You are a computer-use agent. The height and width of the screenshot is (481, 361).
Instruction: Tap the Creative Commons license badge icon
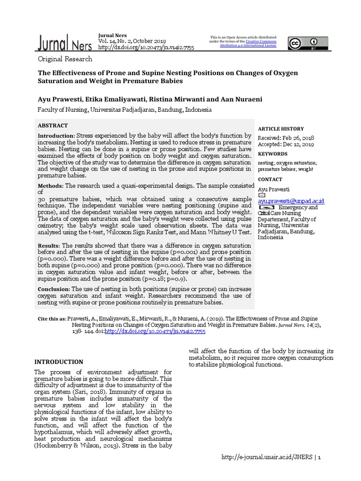tap(302, 43)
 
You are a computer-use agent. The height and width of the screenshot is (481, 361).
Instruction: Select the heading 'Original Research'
tap(65, 59)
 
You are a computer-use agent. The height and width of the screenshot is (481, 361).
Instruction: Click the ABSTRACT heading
tap(53, 126)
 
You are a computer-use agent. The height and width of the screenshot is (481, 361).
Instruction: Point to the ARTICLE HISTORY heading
tap(281, 129)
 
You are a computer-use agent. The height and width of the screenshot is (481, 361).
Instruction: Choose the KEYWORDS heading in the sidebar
tap(273, 154)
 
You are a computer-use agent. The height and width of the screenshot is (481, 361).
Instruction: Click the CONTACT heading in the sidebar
tap(270, 179)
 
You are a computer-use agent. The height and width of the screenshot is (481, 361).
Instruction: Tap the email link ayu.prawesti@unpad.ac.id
tap(291, 201)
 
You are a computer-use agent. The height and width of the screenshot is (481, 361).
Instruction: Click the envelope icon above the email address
tap(262, 194)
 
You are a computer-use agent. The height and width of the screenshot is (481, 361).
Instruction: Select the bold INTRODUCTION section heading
tap(59, 362)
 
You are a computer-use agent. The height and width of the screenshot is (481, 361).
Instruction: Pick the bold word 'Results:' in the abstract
tap(48, 246)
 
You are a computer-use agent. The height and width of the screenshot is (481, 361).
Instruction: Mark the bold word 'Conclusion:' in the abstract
tap(54, 289)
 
